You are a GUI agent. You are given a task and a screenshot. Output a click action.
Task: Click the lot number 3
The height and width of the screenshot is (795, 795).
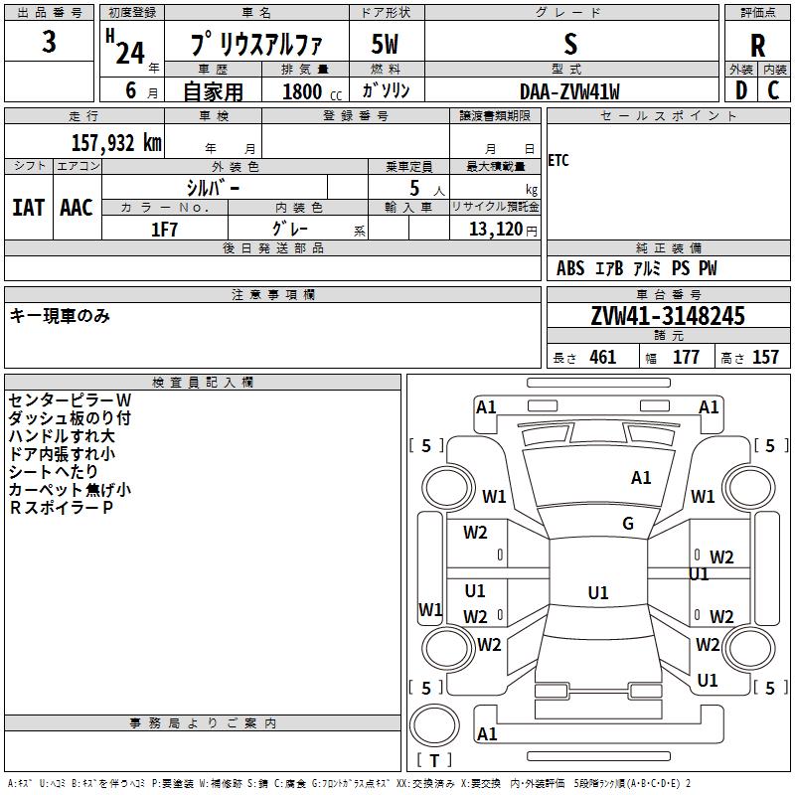click(x=50, y=43)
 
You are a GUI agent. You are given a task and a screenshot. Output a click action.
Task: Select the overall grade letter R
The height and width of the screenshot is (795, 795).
click(x=757, y=45)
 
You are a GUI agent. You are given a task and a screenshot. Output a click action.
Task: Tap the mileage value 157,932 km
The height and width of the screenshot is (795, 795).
click(x=116, y=143)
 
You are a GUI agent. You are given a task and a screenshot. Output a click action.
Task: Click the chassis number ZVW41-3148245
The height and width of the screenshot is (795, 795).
click(x=668, y=317)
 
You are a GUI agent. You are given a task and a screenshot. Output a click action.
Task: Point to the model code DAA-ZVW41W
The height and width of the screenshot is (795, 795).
click(x=569, y=91)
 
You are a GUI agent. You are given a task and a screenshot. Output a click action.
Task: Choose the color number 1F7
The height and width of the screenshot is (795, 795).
click(x=164, y=229)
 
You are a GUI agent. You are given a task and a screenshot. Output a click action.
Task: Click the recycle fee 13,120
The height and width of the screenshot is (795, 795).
click(x=496, y=229)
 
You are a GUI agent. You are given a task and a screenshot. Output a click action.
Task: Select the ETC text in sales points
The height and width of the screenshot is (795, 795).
click(x=558, y=160)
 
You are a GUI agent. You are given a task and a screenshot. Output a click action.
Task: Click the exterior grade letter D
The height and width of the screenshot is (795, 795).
click(x=740, y=91)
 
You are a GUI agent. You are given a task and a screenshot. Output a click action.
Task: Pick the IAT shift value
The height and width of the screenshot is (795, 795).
click(x=28, y=207)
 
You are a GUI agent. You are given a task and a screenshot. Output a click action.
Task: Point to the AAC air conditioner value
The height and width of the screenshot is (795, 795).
click(x=77, y=207)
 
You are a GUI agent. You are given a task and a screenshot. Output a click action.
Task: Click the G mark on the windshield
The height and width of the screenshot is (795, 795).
click(x=628, y=524)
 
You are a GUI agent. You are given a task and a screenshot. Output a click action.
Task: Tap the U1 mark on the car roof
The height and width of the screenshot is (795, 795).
click(x=597, y=593)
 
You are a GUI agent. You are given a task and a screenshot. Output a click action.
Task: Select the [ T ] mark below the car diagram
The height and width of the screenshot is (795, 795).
click(x=433, y=761)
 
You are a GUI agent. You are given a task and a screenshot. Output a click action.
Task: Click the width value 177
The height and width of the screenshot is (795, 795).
click(x=686, y=358)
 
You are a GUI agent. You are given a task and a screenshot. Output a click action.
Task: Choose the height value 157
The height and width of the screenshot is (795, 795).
click(x=765, y=358)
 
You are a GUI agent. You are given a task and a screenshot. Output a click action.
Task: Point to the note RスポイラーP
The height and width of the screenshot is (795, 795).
click(x=61, y=508)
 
